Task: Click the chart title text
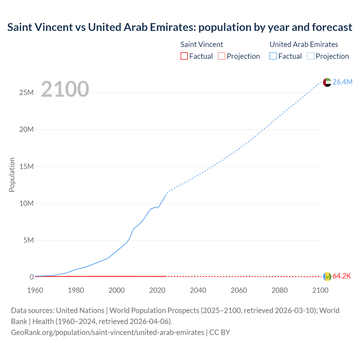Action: click(x=180, y=27)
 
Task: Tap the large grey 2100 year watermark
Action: click(x=65, y=89)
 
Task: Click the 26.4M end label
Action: click(x=342, y=82)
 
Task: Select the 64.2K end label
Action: click(x=342, y=276)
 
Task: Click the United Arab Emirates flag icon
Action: click(x=327, y=82)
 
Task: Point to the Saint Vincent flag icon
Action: click(x=327, y=276)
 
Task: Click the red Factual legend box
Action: click(x=184, y=56)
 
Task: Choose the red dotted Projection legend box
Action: click(x=222, y=56)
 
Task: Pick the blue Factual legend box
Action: click(x=273, y=56)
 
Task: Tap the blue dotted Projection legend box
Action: click(x=311, y=56)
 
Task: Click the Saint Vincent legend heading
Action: click(x=202, y=44)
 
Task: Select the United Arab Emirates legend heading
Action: click(x=304, y=44)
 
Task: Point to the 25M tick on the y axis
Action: click(x=26, y=93)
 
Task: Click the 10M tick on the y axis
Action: click(x=26, y=203)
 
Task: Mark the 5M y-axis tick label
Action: click(x=28, y=240)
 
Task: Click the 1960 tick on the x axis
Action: click(x=35, y=290)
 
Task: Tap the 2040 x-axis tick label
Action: click(x=198, y=290)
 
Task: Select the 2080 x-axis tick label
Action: click(x=280, y=290)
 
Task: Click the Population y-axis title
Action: click(x=12, y=175)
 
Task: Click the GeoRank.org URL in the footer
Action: click(x=108, y=332)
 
